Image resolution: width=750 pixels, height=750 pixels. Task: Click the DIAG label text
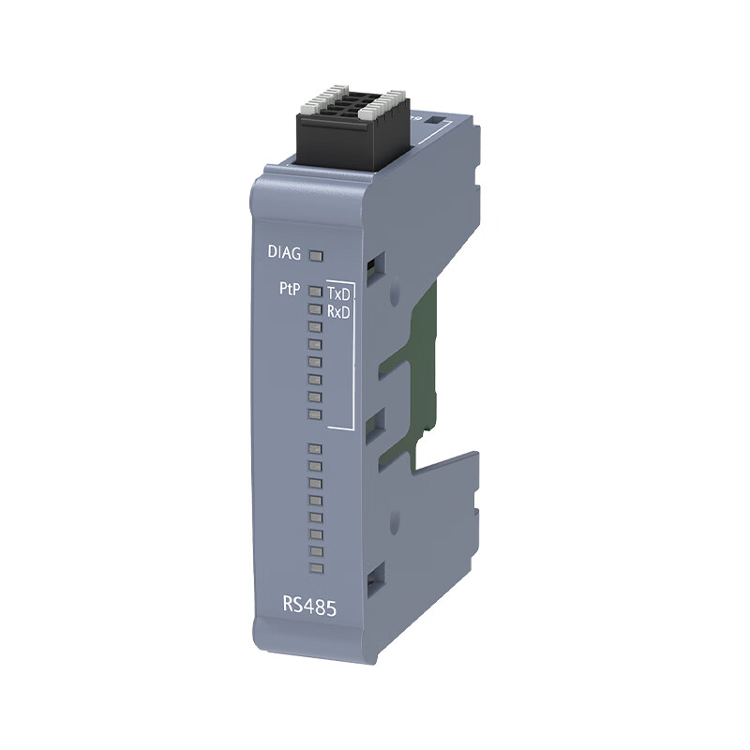pyautogui.click(x=284, y=252)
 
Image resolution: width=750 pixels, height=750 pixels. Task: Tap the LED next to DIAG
pyautogui.click(x=316, y=256)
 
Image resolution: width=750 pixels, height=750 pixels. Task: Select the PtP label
pyautogui.click(x=290, y=289)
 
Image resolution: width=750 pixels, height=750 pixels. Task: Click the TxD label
pyautogui.click(x=338, y=292)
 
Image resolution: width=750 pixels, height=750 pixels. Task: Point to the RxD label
pyautogui.click(x=338, y=312)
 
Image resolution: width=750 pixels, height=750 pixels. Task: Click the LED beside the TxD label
pyautogui.click(x=315, y=292)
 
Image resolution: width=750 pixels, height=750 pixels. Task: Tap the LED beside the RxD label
pyautogui.click(x=315, y=309)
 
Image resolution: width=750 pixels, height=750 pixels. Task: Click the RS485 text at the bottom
pyautogui.click(x=309, y=606)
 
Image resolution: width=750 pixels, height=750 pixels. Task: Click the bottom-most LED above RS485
pyautogui.click(x=316, y=569)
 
